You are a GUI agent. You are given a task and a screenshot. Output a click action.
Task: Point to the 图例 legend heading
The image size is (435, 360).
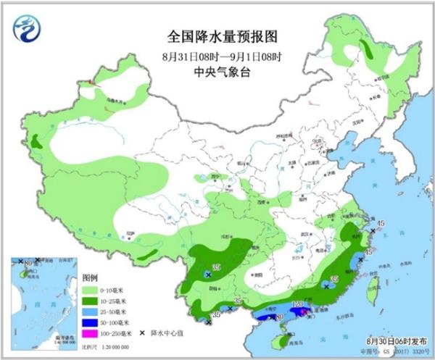[x=89, y=277]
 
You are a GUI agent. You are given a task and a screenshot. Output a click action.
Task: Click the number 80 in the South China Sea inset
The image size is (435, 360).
[x=20, y=261]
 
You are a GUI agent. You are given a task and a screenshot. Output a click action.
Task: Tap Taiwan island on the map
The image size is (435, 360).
[x=373, y=294]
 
